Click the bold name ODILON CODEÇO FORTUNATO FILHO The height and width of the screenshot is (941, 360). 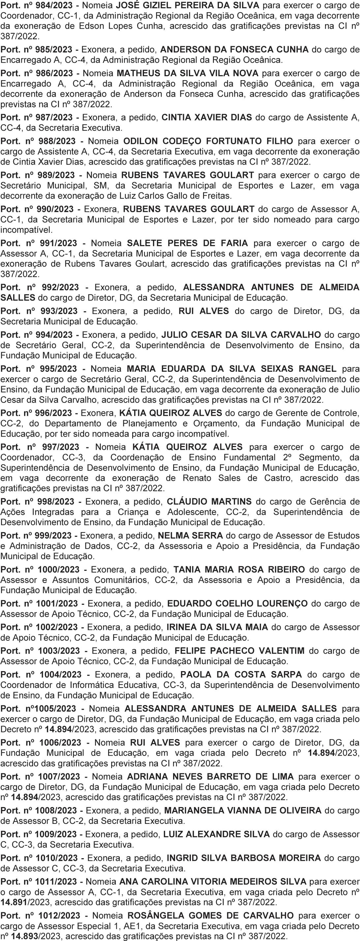(208, 141)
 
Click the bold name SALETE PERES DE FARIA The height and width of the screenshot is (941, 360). (187, 243)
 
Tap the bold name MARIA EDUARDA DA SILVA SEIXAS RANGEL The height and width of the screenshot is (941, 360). (232, 369)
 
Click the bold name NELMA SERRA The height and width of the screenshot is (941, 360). (190, 535)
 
